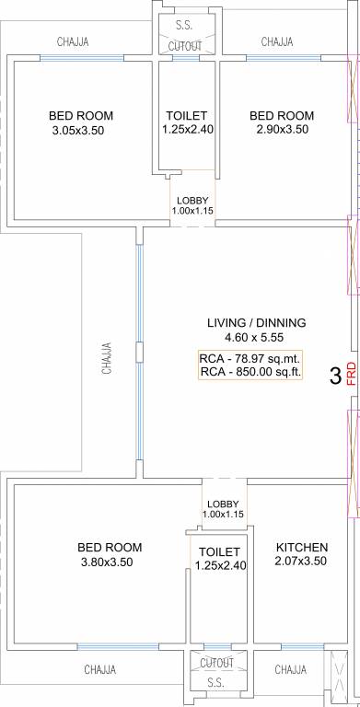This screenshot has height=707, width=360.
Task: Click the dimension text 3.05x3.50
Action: pyautogui.click(x=80, y=132)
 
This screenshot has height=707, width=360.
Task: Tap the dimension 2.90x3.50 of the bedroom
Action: pyautogui.click(x=282, y=132)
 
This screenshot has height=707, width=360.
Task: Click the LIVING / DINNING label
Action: pyautogui.click(x=256, y=323)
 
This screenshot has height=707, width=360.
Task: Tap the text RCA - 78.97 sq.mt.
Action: pyautogui.click(x=250, y=358)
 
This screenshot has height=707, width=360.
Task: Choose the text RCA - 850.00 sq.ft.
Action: pyautogui.click(x=250, y=373)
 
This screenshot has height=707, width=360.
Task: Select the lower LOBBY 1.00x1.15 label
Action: pyautogui.click(x=224, y=508)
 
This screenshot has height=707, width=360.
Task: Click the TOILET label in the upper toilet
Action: pyautogui.click(x=187, y=116)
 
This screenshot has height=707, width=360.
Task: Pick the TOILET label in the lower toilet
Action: pyautogui.click(x=219, y=551)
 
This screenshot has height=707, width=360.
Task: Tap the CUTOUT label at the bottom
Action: pyautogui.click(x=216, y=662)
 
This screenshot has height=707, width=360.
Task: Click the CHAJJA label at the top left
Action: pyautogui.click(x=73, y=41)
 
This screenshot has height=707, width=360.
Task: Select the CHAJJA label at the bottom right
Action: pyautogui.click(x=291, y=669)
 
